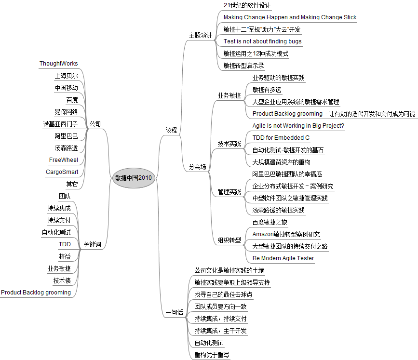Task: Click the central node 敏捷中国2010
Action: [x=134, y=178]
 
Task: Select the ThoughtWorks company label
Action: [x=59, y=64]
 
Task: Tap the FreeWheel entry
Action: [x=64, y=160]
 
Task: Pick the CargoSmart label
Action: [x=62, y=172]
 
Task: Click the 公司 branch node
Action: [x=95, y=124]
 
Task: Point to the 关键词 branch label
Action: [x=92, y=244]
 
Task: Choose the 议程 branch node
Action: [x=171, y=130]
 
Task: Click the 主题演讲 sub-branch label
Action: [x=200, y=35]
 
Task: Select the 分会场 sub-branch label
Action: [x=197, y=167]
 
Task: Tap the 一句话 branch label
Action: [x=175, y=312]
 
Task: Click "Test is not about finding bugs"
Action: [x=263, y=41]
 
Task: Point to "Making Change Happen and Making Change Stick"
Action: [x=290, y=17]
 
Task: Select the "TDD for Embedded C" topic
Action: [x=281, y=138]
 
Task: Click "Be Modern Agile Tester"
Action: [x=283, y=258]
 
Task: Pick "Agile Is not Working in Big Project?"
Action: [x=298, y=126]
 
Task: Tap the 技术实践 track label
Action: [x=229, y=144]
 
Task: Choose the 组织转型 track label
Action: [x=229, y=240]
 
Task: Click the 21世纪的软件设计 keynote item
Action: [x=247, y=5]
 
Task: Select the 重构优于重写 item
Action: [x=212, y=355]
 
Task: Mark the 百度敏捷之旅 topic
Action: [x=270, y=222]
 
